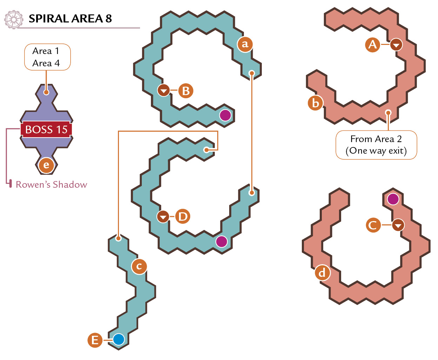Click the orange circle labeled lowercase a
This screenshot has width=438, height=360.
point(245,44)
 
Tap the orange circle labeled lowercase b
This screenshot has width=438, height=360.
point(315,103)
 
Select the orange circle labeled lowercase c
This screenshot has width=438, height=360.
point(139,266)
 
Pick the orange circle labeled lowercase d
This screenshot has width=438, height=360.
point(322,273)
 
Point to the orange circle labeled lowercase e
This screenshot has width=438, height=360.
point(46,165)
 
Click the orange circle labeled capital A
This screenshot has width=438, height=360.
point(372,45)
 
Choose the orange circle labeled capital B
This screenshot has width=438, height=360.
point(186,91)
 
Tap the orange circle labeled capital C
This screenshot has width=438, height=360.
point(373,225)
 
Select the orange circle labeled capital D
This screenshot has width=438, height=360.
point(183,216)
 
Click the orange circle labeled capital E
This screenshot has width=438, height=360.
point(95,340)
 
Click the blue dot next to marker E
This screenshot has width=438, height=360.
point(119,339)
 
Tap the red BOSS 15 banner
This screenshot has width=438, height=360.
point(46,129)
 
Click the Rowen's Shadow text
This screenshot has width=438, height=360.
point(52,185)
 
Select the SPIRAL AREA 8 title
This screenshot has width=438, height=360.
point(70,19)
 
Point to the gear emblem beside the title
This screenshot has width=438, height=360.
point(14,20)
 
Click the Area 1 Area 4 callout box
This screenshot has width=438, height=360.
point(47,57)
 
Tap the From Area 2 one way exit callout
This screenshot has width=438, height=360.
point(376,145)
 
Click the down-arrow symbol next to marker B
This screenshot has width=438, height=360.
point(164,90)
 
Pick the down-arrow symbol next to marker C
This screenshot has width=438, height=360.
point(398,225)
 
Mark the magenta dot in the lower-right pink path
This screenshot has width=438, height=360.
point(393,199)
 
